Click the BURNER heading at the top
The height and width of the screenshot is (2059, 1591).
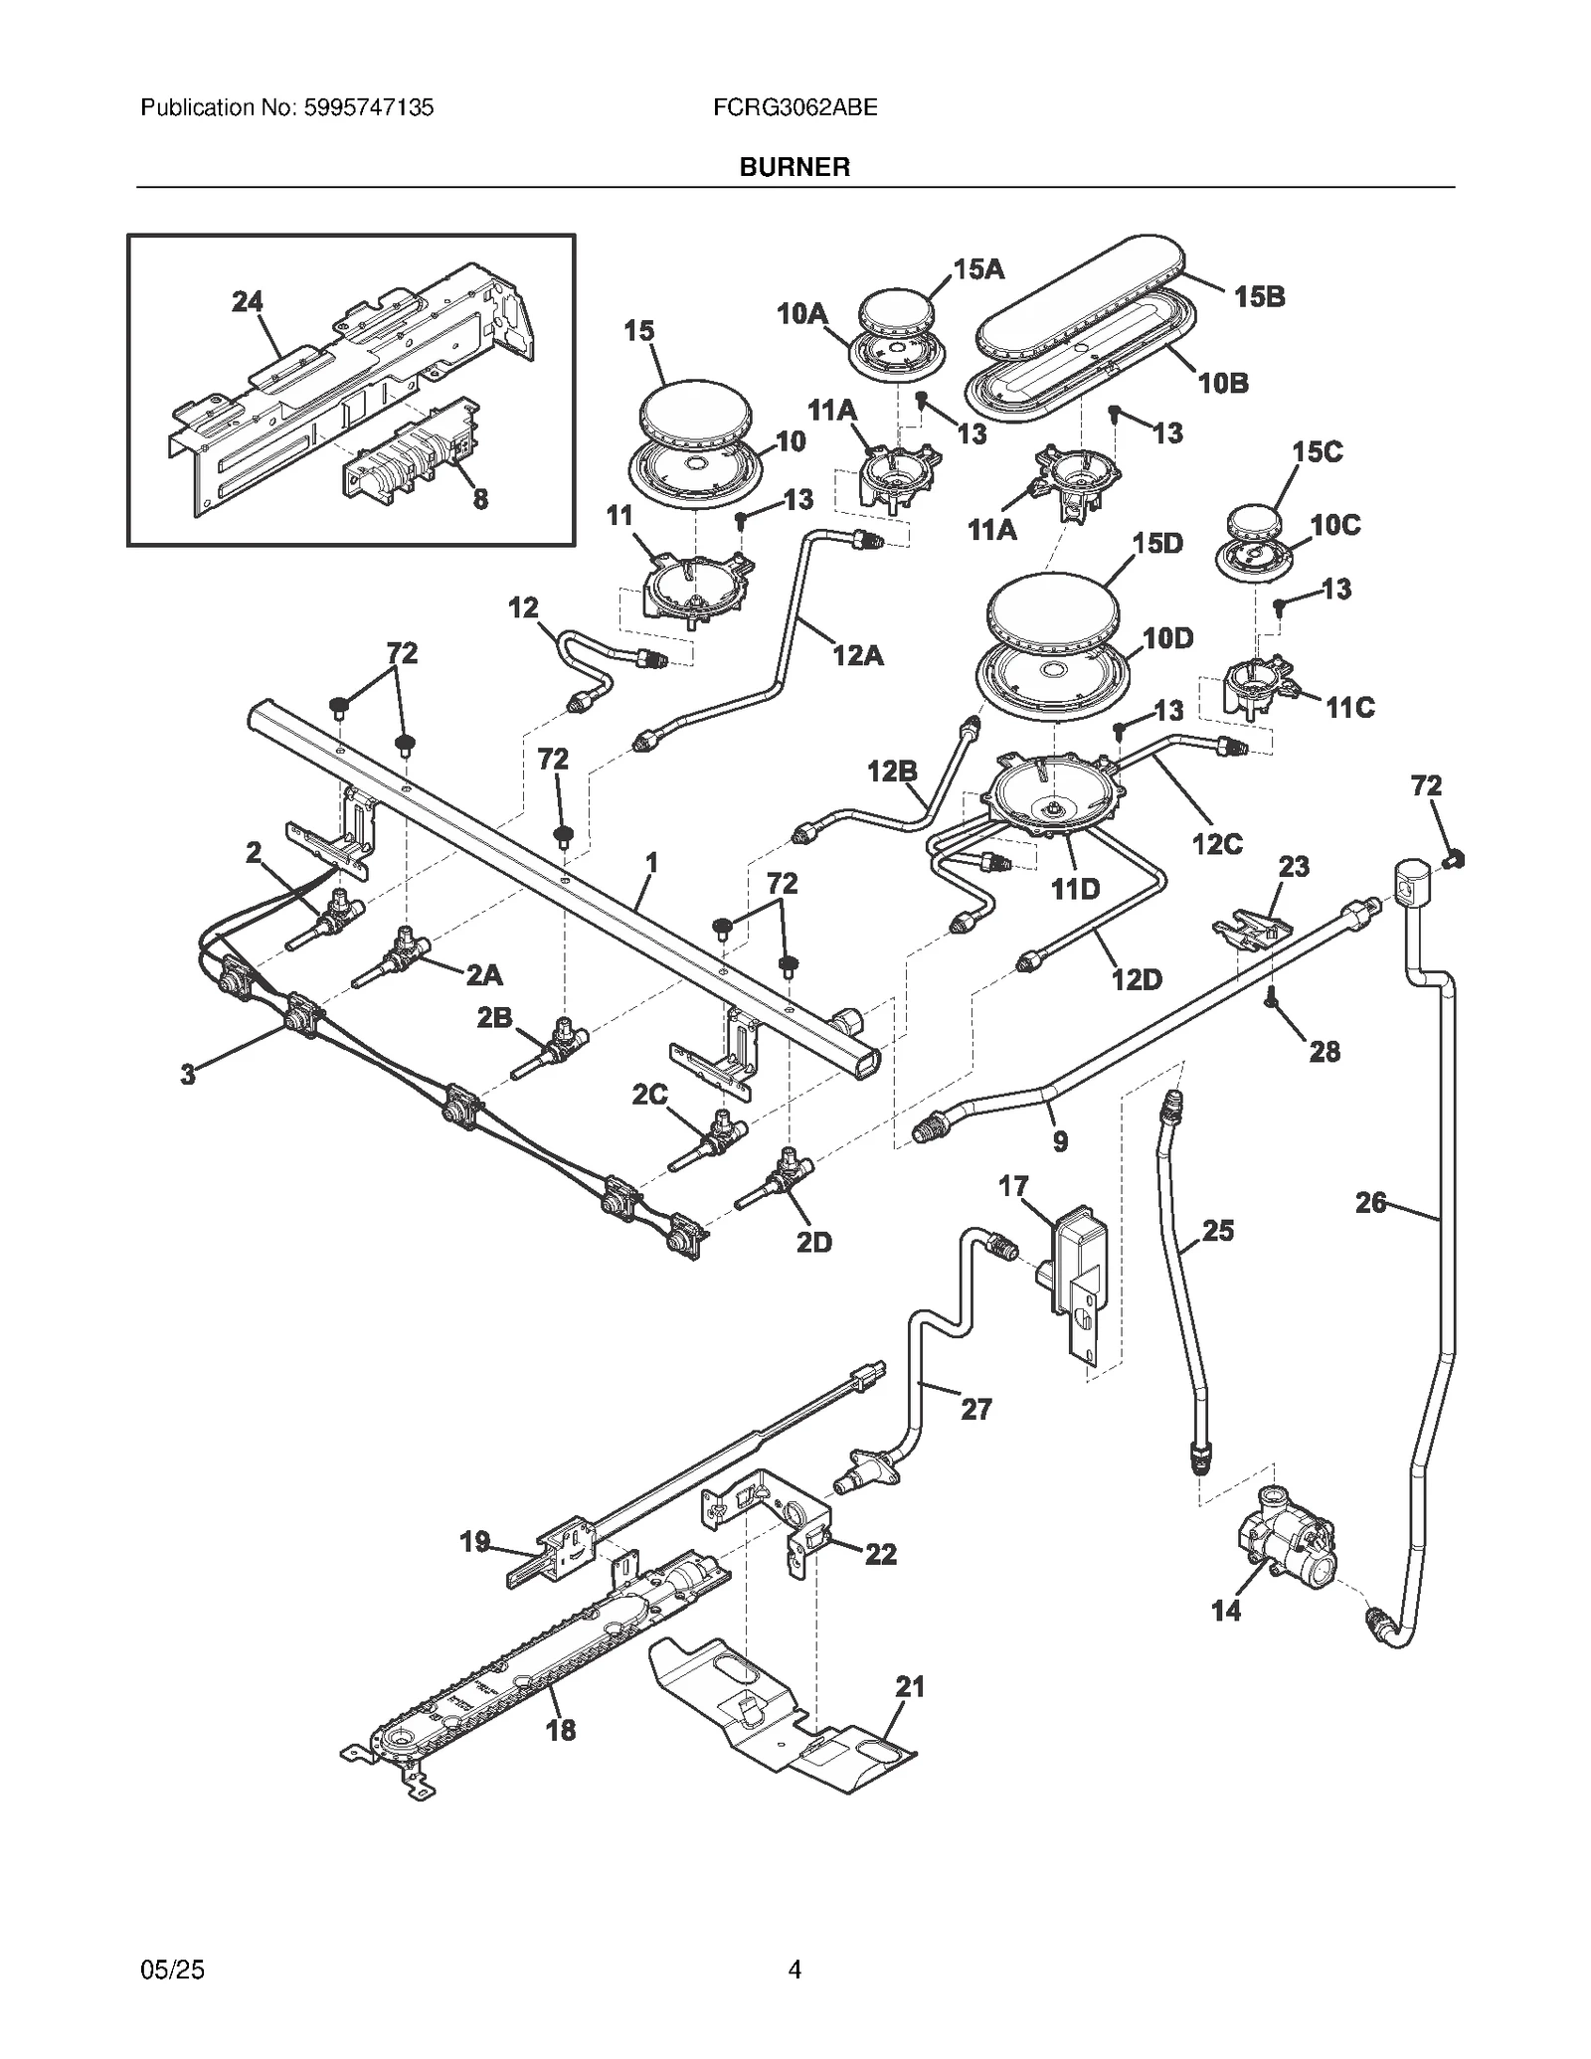tap(794, 167)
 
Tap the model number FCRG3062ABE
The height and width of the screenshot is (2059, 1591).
tap(795, 107)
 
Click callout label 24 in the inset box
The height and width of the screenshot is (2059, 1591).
tap(247, 301)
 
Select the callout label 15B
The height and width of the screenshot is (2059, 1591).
tap(1259, 296)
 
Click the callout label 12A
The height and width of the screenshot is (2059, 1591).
tap(857, 655)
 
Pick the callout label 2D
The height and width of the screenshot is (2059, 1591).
tap(813, 1242)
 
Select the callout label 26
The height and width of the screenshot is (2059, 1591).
tap(1370, 1203)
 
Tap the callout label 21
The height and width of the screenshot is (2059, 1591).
tap(910, 1686)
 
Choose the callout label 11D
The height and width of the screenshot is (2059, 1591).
tap(1075, 888)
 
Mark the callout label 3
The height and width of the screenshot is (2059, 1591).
tap(188, 1074)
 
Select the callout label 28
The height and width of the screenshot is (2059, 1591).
tap(1325, 1051)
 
